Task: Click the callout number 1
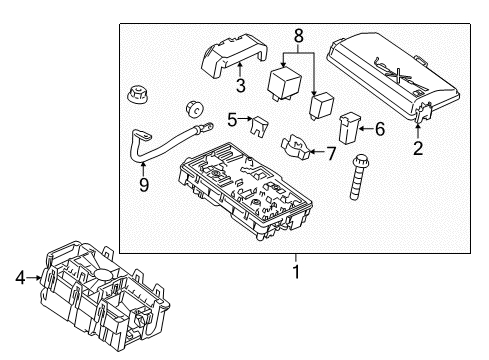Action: click(295, 270)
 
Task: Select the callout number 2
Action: click(418, 150)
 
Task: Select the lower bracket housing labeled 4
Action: click(100, 284)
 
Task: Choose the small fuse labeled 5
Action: click(259, 125)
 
